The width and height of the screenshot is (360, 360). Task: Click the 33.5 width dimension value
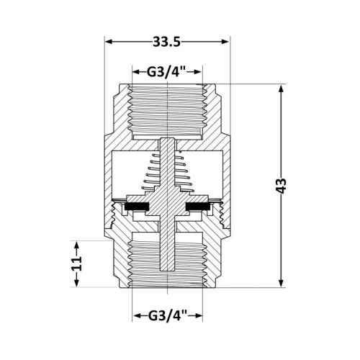167,42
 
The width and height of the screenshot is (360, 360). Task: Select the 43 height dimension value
282,186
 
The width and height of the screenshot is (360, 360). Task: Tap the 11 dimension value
77,264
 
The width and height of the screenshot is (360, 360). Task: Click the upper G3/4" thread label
167,72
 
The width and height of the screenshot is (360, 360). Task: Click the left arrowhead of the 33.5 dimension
109,42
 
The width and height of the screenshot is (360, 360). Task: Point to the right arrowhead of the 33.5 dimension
225,42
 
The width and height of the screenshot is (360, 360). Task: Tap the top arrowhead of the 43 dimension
282,89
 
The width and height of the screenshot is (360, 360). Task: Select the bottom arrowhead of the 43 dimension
282,283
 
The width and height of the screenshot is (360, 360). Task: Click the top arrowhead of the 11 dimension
77,246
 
